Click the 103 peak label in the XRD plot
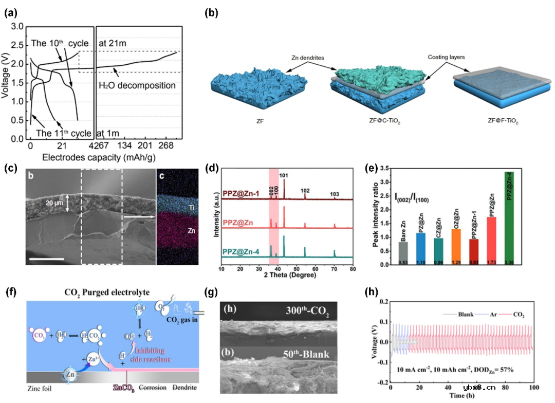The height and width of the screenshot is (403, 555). click(335, 194)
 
